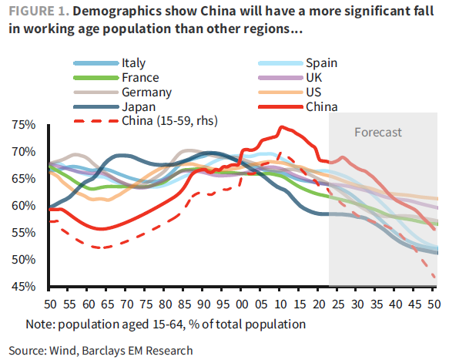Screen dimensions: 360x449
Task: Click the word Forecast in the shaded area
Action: click(x=377, y=133)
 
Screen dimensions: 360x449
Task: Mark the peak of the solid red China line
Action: click(x=282, y=126)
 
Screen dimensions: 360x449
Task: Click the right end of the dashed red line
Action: click(x=437, y=278)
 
